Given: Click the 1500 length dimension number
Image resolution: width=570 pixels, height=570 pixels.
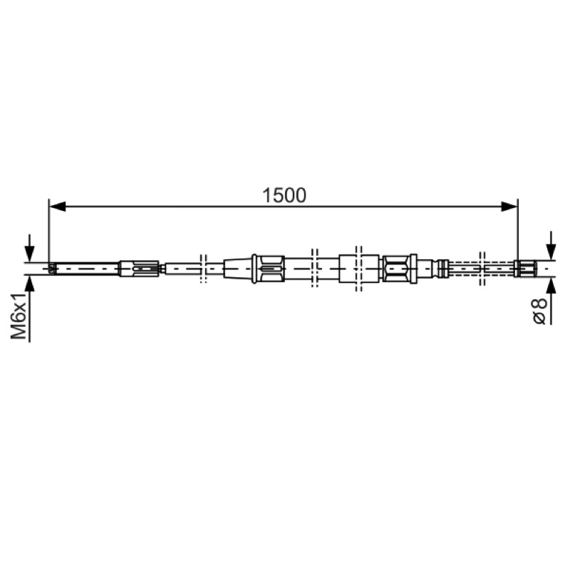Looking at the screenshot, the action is pyautogui.click(x=284, y=195).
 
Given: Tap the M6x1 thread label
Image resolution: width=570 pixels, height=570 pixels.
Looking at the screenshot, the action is pyautogui.click(x=19, y=316).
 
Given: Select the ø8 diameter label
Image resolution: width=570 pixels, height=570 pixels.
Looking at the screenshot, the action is pyautogui.click(x=539, y=311).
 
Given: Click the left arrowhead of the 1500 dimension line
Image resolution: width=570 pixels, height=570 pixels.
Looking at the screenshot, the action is pyautogui.click(x=58, y=207).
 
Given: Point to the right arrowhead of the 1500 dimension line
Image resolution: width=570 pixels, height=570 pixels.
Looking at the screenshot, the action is pyautogui.click(x=509, y=207).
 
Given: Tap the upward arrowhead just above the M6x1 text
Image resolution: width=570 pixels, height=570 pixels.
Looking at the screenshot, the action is pyautogui.click(x=29, y=284).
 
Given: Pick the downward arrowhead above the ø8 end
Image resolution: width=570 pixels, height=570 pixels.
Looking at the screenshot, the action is pyautogui.click(x=551, y=252).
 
